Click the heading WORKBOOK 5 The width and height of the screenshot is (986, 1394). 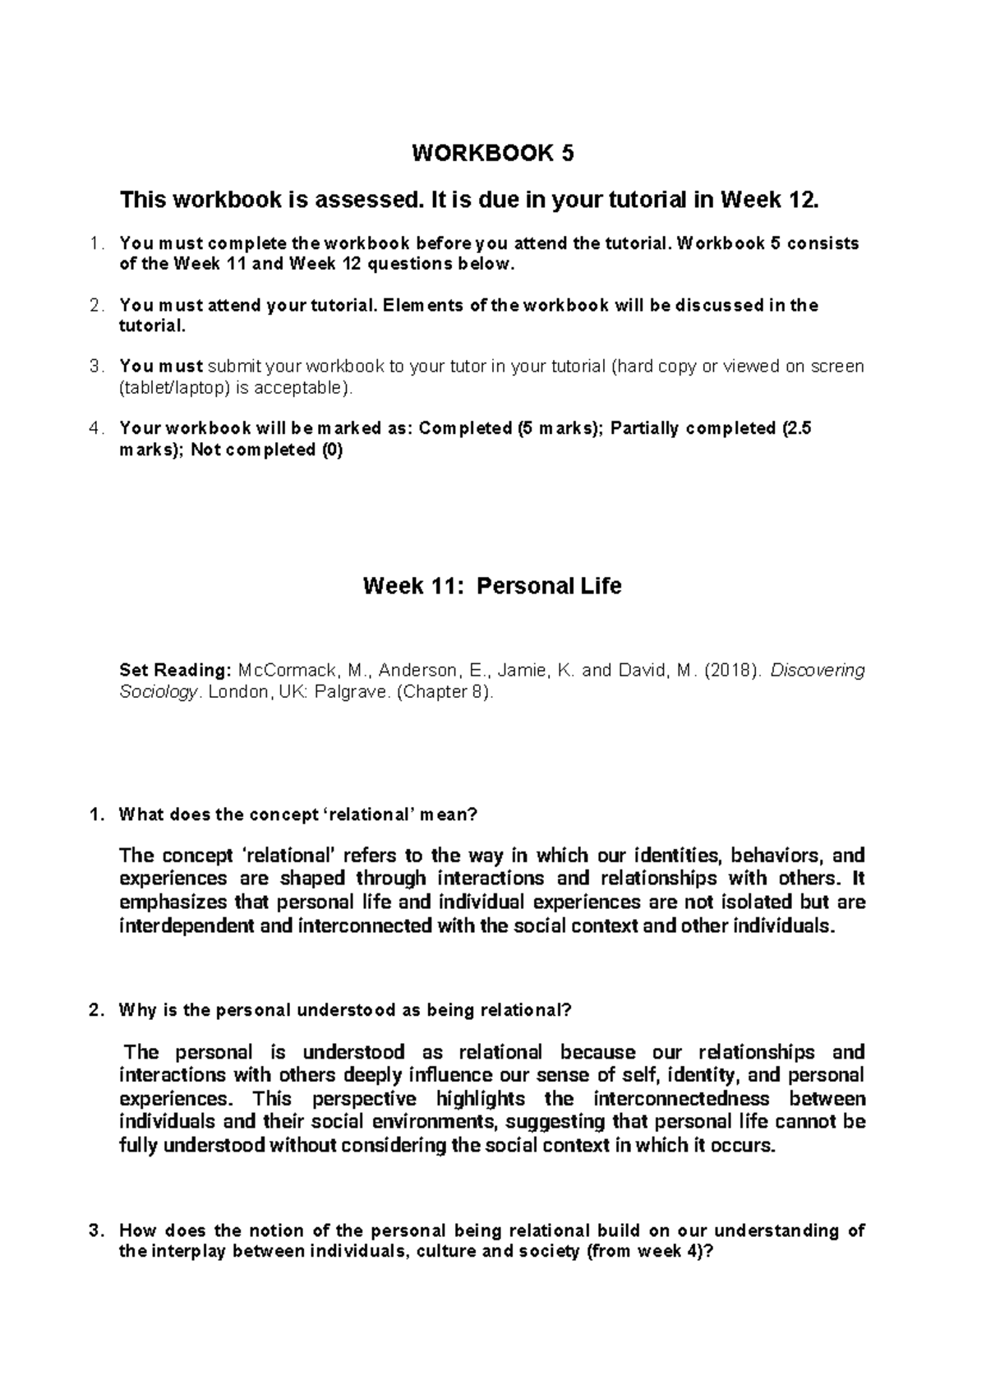pyautogui.click(x=492, y=154)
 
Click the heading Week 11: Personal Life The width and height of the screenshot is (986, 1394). pyautogui.click(x=492, y=586)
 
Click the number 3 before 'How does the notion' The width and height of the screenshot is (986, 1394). pyautogui.click(x=95, y=1230)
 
